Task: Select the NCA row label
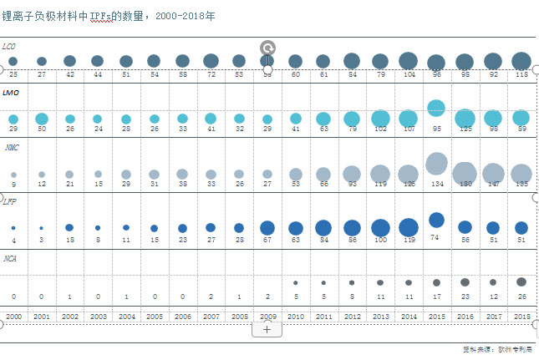click(10, 258)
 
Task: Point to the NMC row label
click(10, 147)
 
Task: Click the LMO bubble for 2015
click(435, 108)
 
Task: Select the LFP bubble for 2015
click(436, 220)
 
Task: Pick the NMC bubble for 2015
click(436, 164)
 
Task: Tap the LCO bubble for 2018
click(521, 60)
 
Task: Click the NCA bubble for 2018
click(521, 281)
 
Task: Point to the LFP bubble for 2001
click(41, 228)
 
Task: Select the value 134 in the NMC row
click(436, 184)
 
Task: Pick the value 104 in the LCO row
click(408, 74)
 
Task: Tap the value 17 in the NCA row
click(436, 297)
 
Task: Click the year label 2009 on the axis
click(267, 317)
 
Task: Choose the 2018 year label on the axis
click(521, 317)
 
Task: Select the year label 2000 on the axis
click(13, 317)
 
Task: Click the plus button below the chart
click(267, 329)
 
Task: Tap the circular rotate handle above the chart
click(267, 48)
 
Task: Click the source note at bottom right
click(496, 349)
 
